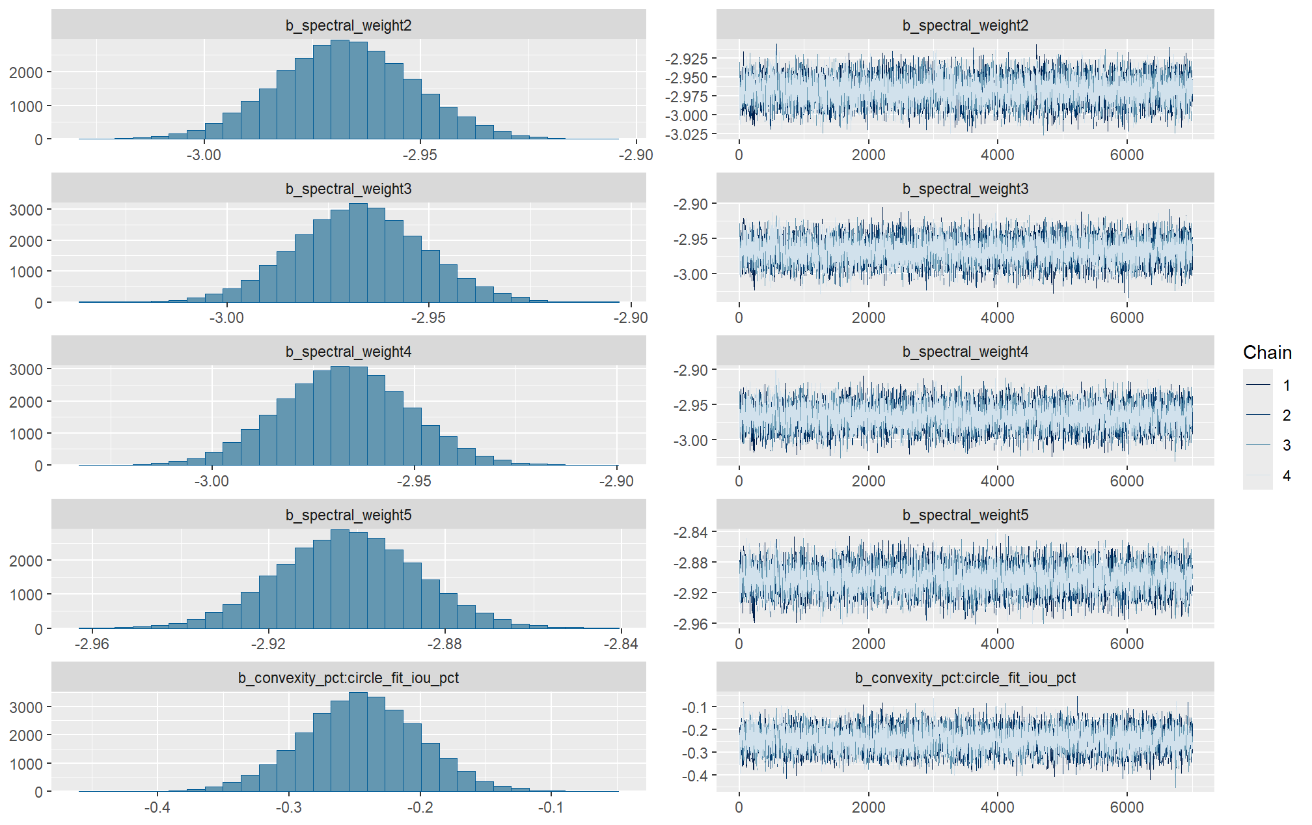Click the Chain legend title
[1266, 352]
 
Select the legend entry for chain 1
[1286, 385]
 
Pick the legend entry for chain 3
[1286, 445]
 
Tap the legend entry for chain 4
[1286, 476]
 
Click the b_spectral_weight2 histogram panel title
[348, 25]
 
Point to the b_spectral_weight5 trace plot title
[965, 515]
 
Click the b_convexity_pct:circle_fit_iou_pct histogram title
[348, 678]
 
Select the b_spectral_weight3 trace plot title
[965, 189]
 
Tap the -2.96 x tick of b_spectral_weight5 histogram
[92, 644]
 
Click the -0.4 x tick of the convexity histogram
[157, 807]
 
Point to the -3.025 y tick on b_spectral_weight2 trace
[686, 135]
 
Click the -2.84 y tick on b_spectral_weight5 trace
[690, 533]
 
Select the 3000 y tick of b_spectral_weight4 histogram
[26, 369]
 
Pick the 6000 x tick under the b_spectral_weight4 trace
[1127, 481]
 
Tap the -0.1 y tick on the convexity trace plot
[694, 707]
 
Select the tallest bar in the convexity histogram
[358, 742]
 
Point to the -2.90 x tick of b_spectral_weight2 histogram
[635, 155]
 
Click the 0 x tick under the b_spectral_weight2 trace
[739, 155]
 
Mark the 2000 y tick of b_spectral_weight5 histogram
[26, 561]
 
